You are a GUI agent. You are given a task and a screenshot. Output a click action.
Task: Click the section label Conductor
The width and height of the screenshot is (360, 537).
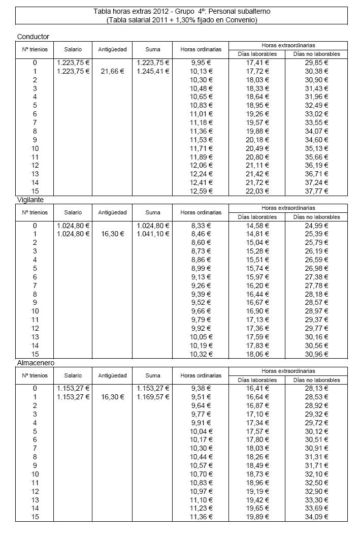[33, 37]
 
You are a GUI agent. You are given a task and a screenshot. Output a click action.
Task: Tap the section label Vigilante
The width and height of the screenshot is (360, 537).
[31, 200]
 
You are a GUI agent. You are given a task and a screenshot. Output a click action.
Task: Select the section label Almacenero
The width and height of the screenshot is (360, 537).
[36, 363]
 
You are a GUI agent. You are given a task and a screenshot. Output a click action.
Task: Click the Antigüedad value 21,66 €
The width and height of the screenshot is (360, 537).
[112, 71]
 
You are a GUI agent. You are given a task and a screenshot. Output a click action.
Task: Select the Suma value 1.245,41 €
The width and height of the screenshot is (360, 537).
[152, 71]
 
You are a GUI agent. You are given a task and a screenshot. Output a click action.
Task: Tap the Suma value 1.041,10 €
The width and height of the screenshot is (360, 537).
[152, 234]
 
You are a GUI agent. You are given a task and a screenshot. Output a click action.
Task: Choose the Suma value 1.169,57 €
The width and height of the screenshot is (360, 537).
[152, 397]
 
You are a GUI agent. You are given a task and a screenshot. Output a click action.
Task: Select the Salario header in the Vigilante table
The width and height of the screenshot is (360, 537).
[73, 212]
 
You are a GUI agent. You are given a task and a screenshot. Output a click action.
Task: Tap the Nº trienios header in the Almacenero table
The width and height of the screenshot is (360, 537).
[35, 375]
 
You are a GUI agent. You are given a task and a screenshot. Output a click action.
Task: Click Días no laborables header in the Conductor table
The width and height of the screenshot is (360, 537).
[316, 54]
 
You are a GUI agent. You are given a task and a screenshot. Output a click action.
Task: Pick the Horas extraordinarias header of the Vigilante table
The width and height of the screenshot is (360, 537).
[288, 208]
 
